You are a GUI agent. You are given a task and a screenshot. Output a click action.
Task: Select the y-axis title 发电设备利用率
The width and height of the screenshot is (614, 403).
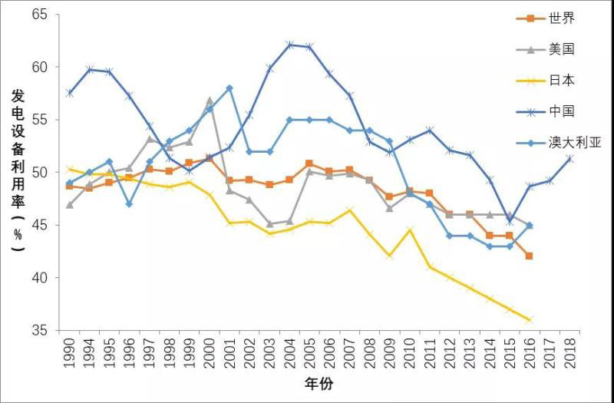[x=18, y=165]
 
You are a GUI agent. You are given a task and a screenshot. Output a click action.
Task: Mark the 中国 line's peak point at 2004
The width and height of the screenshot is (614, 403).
[x=289, y=45]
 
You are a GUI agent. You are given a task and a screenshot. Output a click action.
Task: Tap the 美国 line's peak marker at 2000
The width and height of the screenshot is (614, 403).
[x=210, y=101]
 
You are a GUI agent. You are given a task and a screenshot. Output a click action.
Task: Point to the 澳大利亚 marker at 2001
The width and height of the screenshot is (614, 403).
[x=229, y=88]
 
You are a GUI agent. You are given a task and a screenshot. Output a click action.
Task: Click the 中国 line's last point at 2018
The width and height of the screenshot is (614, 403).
[x=569, y=158]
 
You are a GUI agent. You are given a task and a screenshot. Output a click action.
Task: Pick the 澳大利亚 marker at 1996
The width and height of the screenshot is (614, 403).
[x=130, y=203]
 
